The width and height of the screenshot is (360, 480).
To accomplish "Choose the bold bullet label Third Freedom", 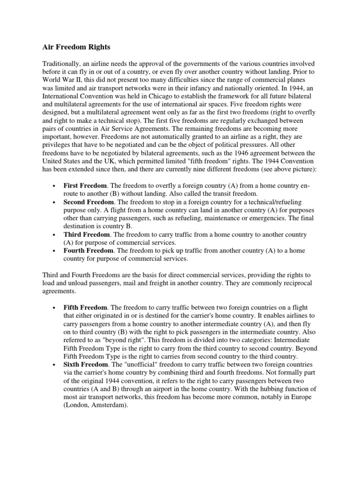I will tap(86, 234).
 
